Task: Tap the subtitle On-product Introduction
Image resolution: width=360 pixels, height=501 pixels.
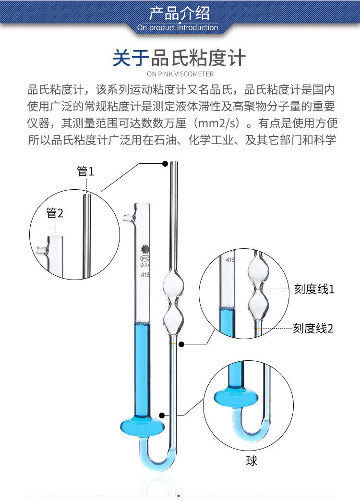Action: point(178,27)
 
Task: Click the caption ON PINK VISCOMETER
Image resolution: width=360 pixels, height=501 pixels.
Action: point(180,74)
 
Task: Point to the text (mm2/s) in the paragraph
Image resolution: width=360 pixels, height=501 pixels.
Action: point(216,123)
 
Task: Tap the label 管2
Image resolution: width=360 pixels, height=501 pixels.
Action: point(55,213)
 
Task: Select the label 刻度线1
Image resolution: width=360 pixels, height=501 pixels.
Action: point(314,289)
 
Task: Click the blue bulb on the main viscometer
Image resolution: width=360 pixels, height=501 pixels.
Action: point(142,426)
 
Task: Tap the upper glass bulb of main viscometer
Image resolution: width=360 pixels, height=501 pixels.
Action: point(173,288)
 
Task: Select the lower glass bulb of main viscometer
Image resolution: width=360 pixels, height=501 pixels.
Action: point(173,320)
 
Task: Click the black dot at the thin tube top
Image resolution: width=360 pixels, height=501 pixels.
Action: point(165,164)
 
